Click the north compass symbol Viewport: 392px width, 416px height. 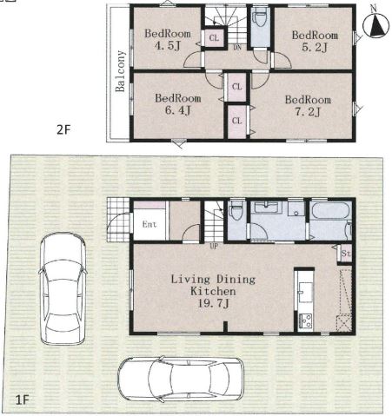[375, 24]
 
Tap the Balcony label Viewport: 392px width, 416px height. [120, 71]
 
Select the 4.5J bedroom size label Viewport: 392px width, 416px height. [168, 46]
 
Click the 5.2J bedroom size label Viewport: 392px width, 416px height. [315, 47]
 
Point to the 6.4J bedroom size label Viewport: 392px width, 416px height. [177, 110]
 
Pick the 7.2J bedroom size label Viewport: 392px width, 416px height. [308, 112]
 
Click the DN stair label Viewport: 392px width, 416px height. [237, 48]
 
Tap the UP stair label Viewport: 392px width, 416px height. [214, 247]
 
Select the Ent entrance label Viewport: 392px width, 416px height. [149, 224]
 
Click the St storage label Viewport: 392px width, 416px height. [346, 254]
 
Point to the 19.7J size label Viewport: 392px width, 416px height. [213, 304]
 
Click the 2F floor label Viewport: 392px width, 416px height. [63, 130]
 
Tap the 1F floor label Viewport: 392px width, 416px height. [22, 400]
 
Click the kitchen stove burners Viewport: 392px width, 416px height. [305, 320]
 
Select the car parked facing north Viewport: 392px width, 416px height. [63, 288]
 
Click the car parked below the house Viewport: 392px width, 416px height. [181, 380]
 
